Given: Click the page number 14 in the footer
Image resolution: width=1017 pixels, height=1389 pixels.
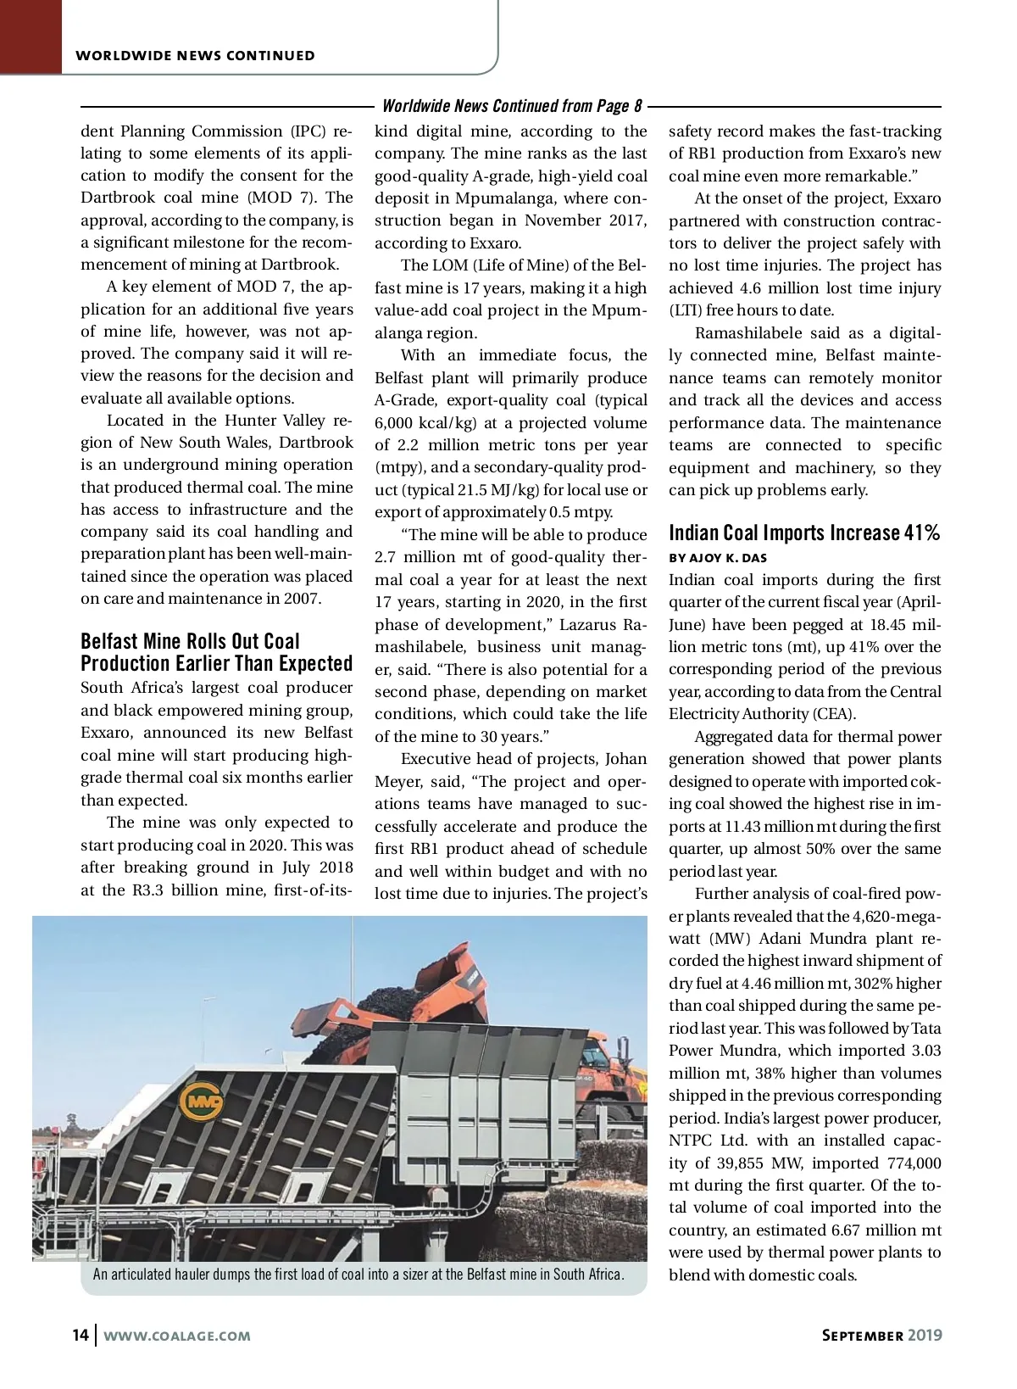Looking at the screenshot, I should tap(81, 1335).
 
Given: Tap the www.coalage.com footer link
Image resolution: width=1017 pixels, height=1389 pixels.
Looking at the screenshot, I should tap(177, 1336).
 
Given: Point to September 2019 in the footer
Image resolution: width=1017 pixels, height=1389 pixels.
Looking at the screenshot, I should tap(881, 1335).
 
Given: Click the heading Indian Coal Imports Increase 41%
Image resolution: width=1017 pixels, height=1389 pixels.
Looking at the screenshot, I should tap(804, 533).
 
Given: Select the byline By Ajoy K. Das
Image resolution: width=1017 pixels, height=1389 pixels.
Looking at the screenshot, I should tap(718, 558).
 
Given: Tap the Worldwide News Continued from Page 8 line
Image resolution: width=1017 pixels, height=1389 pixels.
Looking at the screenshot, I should tap(512, 106).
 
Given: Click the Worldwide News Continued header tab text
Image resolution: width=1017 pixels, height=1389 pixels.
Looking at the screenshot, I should tap(195, 56).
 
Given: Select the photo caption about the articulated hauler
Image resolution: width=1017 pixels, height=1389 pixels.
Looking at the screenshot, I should tap(358, 1275).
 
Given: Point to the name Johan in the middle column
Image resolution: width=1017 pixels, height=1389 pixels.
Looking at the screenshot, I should tap(625, 759).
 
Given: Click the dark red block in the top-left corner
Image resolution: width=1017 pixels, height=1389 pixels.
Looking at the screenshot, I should tap(31, 36).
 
